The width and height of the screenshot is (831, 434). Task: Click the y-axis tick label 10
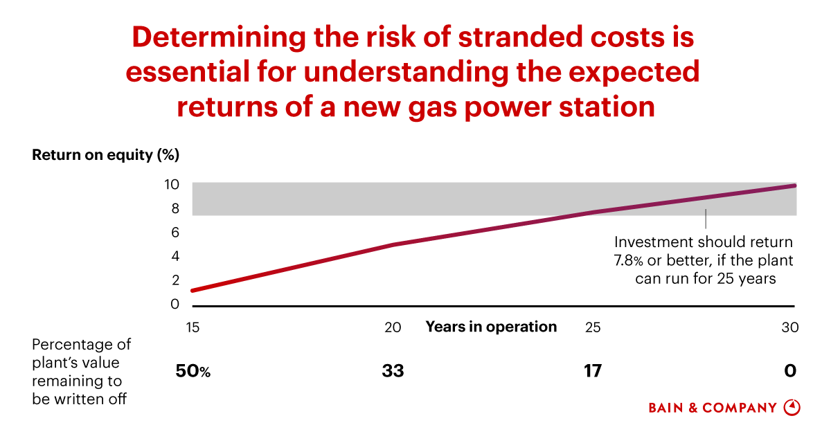172,185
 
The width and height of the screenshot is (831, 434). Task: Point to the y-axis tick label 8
175,208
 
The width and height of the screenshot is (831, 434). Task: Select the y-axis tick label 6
175,233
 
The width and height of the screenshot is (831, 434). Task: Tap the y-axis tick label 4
175,257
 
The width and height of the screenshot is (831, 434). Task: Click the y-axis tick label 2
175,280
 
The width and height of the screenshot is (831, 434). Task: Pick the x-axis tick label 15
193,327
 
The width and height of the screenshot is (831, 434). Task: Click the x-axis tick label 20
393,327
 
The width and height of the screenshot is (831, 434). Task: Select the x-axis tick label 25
593,327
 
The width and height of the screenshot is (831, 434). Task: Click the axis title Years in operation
491,327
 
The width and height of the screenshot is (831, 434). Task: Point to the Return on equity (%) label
105,155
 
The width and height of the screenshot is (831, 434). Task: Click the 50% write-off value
193,372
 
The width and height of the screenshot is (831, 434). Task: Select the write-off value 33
393,372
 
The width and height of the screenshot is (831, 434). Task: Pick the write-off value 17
592,372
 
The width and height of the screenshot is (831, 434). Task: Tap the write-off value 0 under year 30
790,372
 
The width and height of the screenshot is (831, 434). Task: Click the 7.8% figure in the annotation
628,261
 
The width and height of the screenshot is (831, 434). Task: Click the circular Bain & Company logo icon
792,408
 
